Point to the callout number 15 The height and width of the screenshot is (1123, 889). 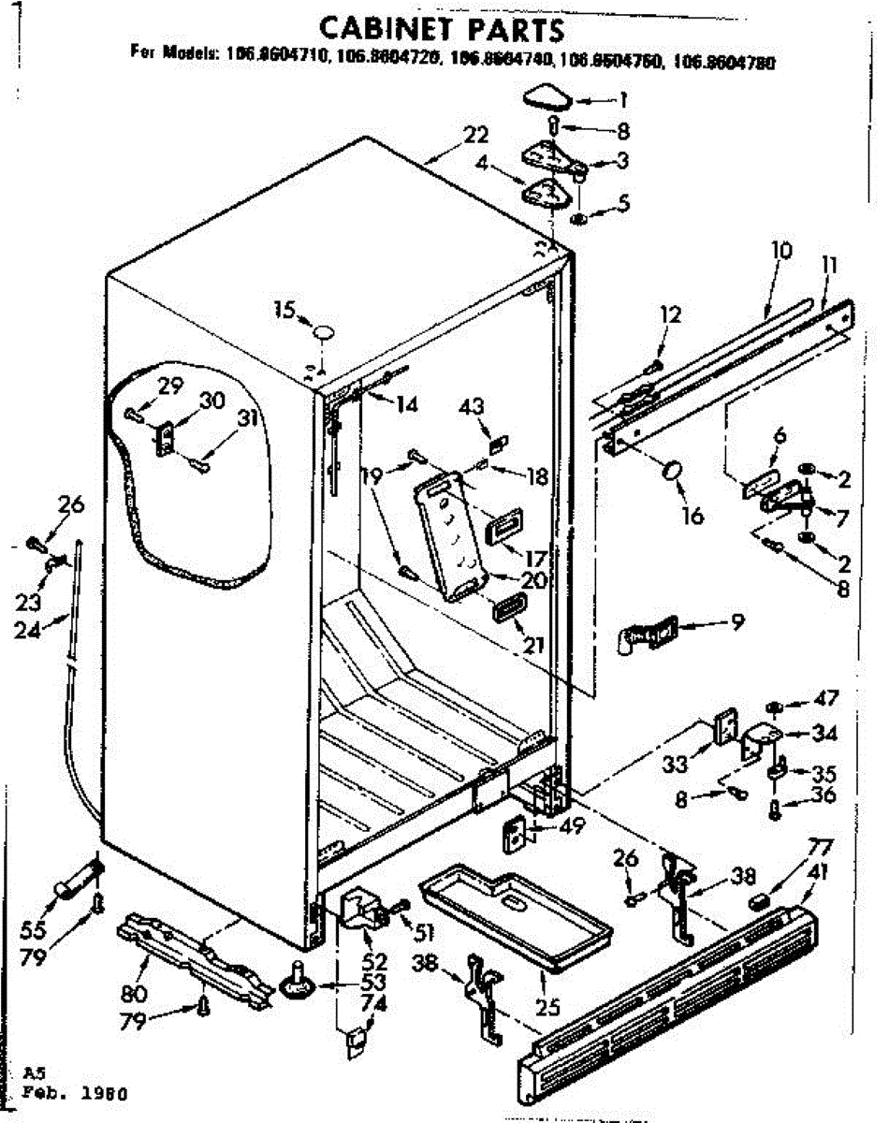tap(284, 308)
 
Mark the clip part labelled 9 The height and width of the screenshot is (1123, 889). tap(647, 635)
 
